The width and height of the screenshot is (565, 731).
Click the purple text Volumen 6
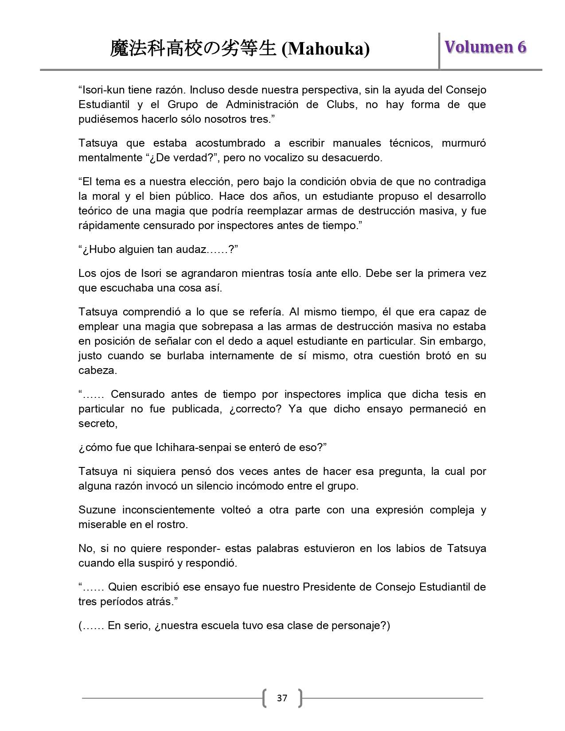[485, 47]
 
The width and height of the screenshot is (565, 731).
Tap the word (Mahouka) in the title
[326, 49]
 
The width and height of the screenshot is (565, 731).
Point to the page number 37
[282, 698]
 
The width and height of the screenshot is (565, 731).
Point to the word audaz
[188, 249]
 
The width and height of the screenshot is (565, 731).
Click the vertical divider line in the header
[439, 51]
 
